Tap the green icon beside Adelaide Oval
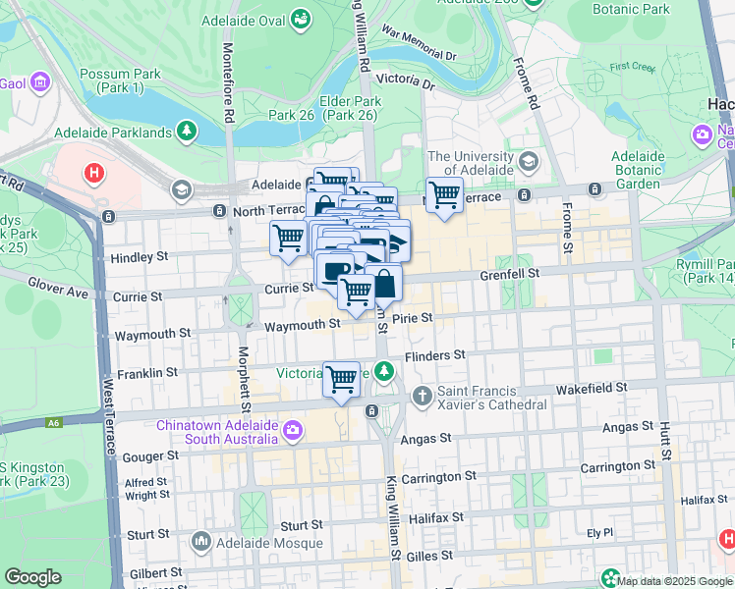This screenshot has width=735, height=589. click(x=301, y=19)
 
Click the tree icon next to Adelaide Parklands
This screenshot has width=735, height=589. click(x=185, y=131)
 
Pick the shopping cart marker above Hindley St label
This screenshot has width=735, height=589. click(x=288, y=238)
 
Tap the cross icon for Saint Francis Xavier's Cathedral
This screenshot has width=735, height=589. click(x=423, y=396)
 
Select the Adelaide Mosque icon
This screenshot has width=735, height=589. click(x=201, y=541)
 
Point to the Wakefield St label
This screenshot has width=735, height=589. click(x=591, y=388)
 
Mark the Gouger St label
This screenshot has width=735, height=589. click(x=151, y=455)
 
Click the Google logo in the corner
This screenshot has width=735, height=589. click(x=32, y=577)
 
